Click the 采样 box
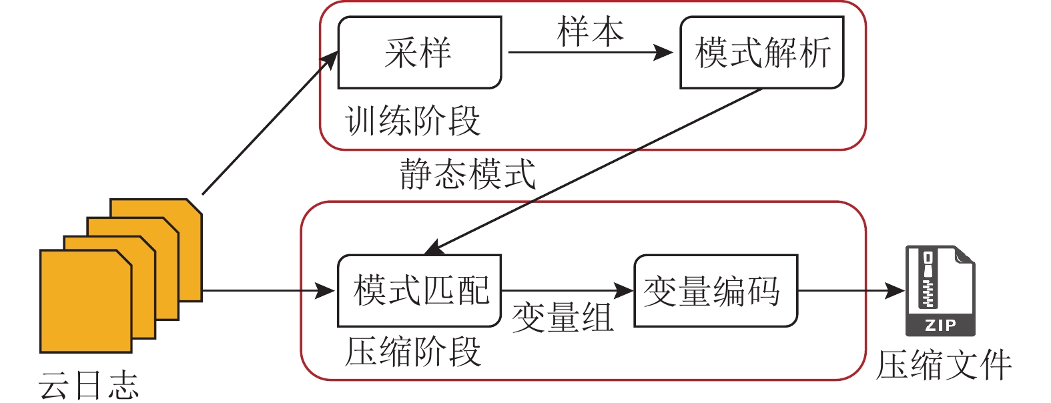coord(419,53)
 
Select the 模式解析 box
coord(761,53)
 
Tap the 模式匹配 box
coord(419,291)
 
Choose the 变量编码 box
coord(715,291)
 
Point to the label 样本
coord(590,31)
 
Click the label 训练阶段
coord(412,121)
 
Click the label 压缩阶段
coord(412,351)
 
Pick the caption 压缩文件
coord(944,366)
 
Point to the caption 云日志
coord(88,385)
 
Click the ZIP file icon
coord(940,291)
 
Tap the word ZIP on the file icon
coord(940,326)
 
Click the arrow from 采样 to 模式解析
coord(590,53)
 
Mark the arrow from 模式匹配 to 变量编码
coord(567,291)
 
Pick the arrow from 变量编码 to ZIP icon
coord(851,291)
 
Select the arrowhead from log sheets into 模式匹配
coord(325,291)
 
